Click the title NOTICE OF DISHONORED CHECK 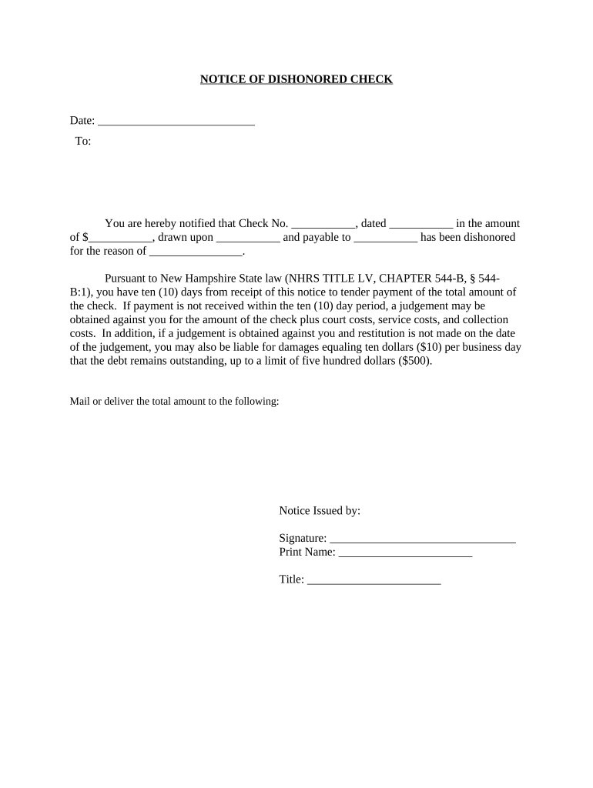click(296, 79)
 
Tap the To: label click(83, 142)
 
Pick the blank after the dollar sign click(121, 238)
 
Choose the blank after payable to click(385, 238)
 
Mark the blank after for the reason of click(196, 252)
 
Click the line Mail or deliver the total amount click(174, 402)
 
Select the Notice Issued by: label click(320, 511)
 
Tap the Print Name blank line click(405, 553)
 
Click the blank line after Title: click(374, 580)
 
